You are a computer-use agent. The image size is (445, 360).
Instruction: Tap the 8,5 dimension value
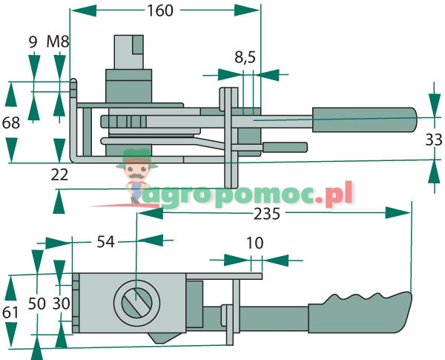click(x=245, y=57)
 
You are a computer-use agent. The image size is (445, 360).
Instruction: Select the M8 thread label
click(x=58, y=42)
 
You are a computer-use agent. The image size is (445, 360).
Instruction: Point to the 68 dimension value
click(x=11, y=123)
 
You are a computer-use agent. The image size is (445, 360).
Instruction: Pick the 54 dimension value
click(x=105, y=241)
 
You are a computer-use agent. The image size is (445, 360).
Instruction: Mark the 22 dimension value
click(x=60, y=174)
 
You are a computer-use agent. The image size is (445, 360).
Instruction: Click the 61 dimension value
click(x=10, y=312)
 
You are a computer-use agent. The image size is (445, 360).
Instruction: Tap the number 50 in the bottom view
click(x=36, y=303)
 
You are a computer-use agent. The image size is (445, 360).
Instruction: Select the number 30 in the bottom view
click(x=60, y=303)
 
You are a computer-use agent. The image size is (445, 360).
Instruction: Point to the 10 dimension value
click(x=254, y=243)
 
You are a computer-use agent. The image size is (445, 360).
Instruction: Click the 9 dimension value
click(x=33, y=42)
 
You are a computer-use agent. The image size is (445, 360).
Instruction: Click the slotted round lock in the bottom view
click(x=136, y=303)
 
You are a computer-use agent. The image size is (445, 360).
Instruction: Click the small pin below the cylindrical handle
click(x=285, y=147)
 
